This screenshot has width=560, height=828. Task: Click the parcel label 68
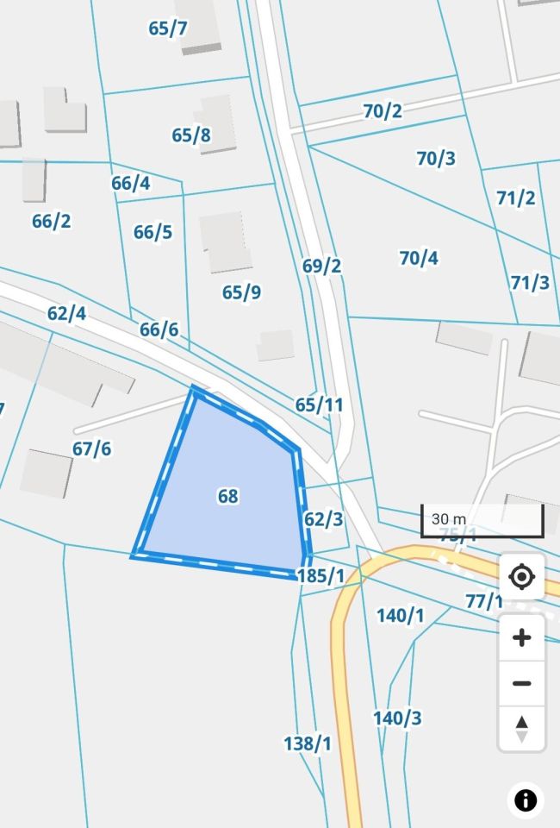point(228,496)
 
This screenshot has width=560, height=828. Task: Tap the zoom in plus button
point(521,638)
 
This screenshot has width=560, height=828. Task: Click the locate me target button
point(521,576)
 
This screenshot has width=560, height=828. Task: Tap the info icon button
point(526,800)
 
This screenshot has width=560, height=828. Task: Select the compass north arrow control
point(521,728)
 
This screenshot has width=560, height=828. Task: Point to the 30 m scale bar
point(482,520)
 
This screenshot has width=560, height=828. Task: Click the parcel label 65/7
point(168,28)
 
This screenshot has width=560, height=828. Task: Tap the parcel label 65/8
point(191,135)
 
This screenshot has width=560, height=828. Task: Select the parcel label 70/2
point(383,111)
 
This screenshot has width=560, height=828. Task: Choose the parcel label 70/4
point(419,258)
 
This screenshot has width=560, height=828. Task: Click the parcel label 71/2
point(516,198)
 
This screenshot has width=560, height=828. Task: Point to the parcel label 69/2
point(322,266)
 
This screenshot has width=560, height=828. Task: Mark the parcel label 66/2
point(52,221)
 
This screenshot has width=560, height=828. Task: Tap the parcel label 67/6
point(92,448)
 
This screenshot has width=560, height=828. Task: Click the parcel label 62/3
point(324,519)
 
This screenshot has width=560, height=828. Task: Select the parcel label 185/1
point(320,575)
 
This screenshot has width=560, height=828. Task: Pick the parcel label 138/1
point(308,743)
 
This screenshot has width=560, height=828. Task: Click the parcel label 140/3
point(397,718)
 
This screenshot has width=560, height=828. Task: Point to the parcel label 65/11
point(319,405)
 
